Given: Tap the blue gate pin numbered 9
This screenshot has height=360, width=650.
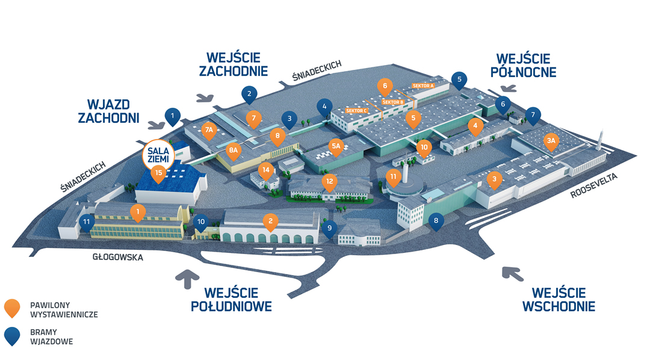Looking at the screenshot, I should [x=329, y=228].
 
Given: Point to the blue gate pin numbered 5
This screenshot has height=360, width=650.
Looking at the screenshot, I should [x=459, y=79].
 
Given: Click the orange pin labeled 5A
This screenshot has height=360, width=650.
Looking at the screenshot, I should [x=336, y=146].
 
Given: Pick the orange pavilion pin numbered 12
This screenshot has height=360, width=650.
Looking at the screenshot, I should [x=329, y=181].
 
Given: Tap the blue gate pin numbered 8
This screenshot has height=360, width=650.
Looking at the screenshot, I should [x=436, y=221].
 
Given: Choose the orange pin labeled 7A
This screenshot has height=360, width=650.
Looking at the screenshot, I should [x=209, y=130].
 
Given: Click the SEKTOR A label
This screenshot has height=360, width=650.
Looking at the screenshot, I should [x=423, y=86].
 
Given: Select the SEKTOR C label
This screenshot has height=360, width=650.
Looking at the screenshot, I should [x=357, y=111].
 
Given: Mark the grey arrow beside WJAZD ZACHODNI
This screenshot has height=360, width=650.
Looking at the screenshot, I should [x=156, y=124].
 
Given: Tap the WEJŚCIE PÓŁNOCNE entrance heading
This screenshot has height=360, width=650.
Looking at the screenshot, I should [x=523, y=65].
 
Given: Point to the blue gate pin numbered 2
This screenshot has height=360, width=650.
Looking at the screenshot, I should [x=249, y=93].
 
